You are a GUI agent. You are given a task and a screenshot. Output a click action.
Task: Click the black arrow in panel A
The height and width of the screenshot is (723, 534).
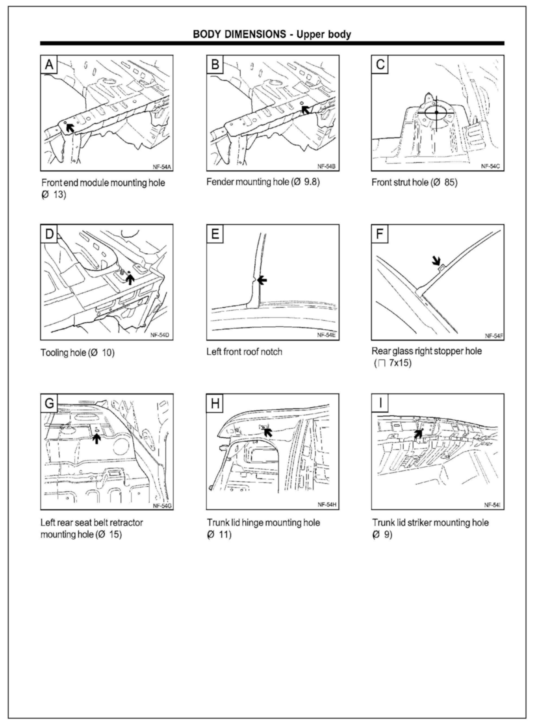click(x=69, y=128)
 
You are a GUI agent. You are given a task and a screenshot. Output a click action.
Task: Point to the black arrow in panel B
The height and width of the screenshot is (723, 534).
click(x=305, y=110)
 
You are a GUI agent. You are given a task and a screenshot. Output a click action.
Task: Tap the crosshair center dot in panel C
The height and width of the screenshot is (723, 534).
click(x=436, y=113)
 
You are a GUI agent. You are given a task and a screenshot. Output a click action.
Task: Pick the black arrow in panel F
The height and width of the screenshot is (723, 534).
click(x=436, y=260)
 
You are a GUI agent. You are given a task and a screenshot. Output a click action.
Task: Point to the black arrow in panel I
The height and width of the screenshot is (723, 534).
click(x=418, y=434)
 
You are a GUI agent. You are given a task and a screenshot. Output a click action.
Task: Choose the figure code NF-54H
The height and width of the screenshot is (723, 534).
click(x=327, y=505)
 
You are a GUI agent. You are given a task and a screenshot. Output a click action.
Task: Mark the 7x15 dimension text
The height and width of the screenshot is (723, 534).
click(x=400, y=363)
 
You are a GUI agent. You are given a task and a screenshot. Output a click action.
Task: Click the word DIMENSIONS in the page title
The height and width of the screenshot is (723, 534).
click(x=253, y=34)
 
